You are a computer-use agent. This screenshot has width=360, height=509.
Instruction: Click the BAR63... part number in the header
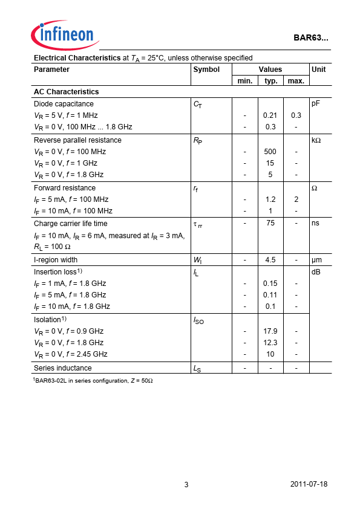coord(311,37)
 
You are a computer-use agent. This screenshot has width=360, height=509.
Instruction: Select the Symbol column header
coord(206,70)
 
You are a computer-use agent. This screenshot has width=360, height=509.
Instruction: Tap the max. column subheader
coord(296,81)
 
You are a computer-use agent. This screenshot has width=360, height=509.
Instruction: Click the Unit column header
coord(318,70)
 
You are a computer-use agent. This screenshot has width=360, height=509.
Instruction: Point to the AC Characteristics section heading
coord(67,92)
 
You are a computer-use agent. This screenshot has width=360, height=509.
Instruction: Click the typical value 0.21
coord(270,115)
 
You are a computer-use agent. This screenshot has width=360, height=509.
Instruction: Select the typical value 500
coord(270,152)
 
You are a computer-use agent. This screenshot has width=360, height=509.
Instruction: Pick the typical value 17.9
coord(270,331)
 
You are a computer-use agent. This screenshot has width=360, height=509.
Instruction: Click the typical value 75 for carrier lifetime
coord(270,223)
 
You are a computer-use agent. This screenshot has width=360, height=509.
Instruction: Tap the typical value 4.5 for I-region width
coord(270,260)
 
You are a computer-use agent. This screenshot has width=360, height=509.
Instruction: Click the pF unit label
coord(315,104)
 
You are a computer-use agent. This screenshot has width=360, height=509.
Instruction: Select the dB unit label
coord(315,272)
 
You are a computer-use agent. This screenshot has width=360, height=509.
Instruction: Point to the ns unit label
coord(315,223)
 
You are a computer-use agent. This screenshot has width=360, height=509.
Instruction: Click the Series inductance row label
coord(63,368)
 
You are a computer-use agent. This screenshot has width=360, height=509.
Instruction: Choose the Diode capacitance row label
coord(64,104)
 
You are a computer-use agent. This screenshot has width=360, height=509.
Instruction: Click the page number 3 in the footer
coord(186,485)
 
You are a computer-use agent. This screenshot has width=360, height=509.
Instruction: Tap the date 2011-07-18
coord(309,485)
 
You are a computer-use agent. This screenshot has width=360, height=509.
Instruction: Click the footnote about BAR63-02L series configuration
coord(93,380)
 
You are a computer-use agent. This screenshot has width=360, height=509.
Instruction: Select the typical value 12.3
coord(270,343)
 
